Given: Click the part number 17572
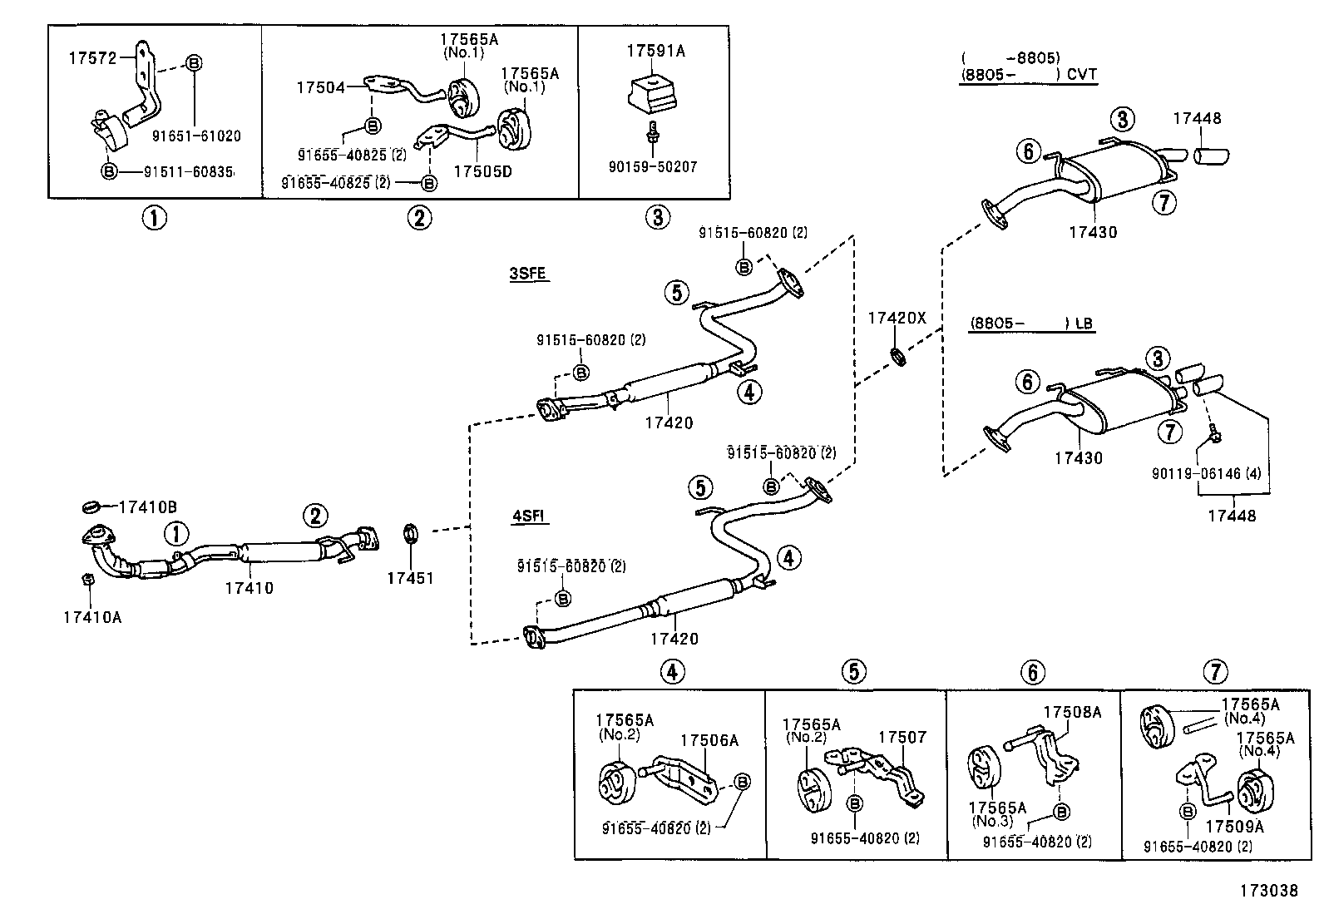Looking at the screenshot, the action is (x=93, y=58).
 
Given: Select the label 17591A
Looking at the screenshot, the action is (x=655, y=52).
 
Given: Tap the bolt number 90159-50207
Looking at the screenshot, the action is (x=653, y=166).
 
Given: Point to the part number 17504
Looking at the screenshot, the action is (x=321, y=87).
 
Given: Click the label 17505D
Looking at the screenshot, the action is (x=482, y=171).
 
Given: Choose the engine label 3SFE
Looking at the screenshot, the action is (x=528, y=273).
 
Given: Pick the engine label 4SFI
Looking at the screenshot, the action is (x=528, y=516).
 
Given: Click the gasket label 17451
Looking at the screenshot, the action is (x=410, y=578).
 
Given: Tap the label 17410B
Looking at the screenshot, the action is (x=148, y=506).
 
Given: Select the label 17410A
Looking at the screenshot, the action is (x=92, y=617).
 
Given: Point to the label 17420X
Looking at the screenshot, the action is (x=897, y=318).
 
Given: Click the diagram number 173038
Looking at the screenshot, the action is (x=1268, y=891).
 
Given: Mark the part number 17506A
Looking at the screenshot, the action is (x=709, y=740).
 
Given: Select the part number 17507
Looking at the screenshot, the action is (x=902, y=737).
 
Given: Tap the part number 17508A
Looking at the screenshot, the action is (x=1072, y=712).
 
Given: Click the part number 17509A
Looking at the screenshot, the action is (x=1235, y=827).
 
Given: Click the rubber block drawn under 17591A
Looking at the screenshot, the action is (x=652, y=95).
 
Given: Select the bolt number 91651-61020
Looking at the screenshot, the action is (x=196, y=136).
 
